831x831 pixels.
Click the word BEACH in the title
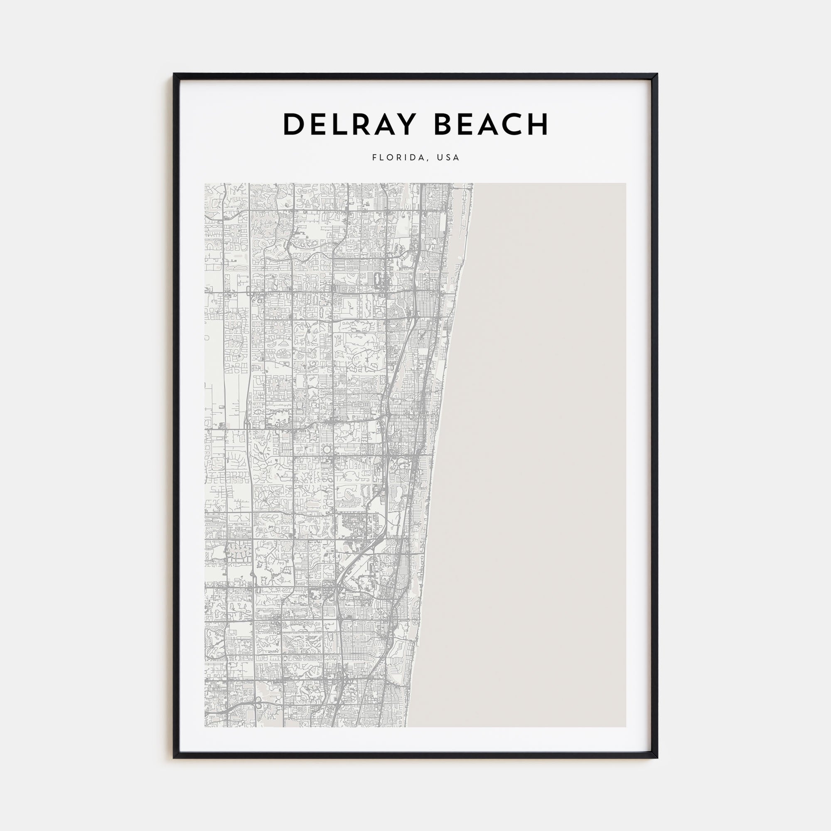pos(491,124)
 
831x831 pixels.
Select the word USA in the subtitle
pos(448,157)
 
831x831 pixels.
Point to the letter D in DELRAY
pos(293,124)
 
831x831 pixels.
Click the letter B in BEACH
pos(443,124)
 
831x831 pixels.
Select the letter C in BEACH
pos(514,124)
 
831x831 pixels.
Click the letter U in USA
pos(440,157)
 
